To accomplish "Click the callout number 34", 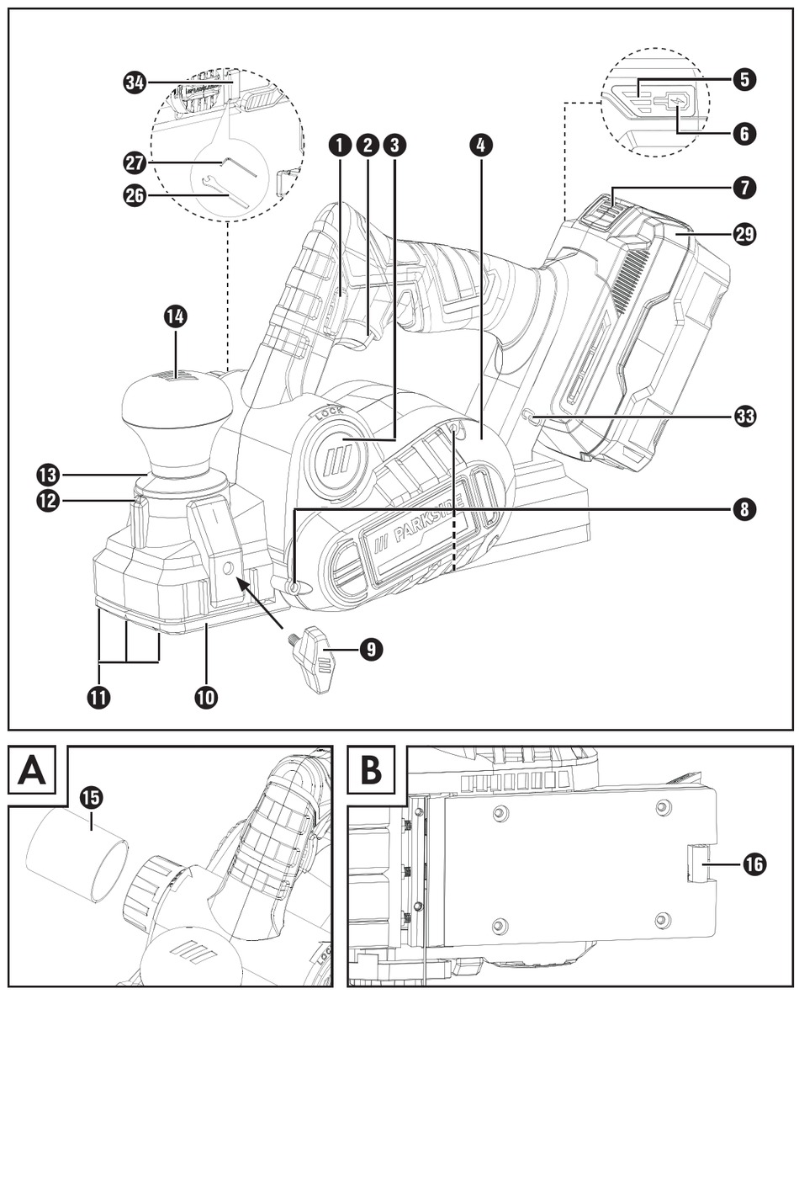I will (135, 82).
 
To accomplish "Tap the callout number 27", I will (135, 162).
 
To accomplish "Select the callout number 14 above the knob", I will (176, 317).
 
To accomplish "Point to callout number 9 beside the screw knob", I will (371, 649).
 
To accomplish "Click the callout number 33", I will (744, 416).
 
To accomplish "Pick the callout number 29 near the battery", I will (744, 233).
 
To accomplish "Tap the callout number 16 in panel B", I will (754, 864).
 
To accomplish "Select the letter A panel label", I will (32, 769).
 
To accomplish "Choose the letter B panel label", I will (371, 769).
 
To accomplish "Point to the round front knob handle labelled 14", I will (176, 404).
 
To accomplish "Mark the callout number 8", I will (744, 509).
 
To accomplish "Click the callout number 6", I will (744, 133).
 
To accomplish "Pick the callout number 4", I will (479, 145).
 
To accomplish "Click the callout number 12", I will (49, 501).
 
